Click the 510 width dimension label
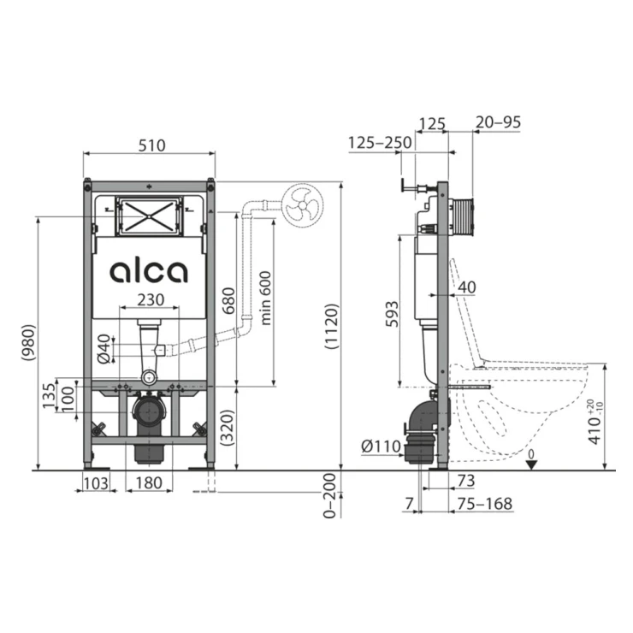(151, 145)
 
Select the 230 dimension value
(151, 300)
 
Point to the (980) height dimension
(28, 343)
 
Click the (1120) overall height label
(332, 326)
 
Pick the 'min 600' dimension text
(266, 298)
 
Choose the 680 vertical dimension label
(228, 301)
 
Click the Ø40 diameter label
(104, 349)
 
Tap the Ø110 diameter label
(382, 447)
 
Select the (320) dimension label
(228, 428)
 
